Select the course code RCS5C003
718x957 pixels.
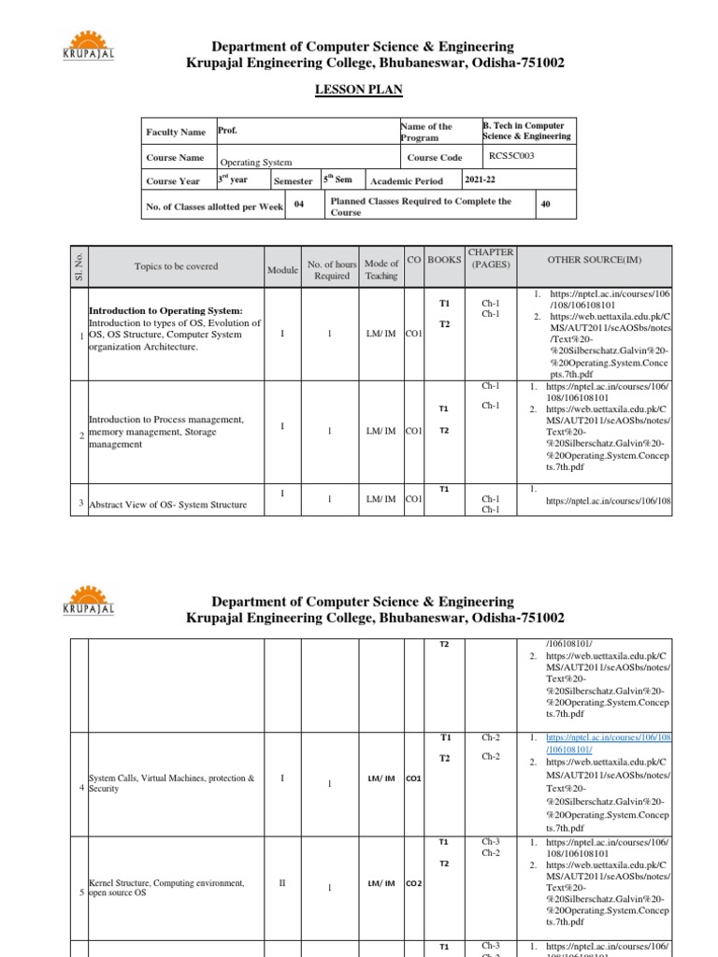511,156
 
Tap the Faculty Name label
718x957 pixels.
175,133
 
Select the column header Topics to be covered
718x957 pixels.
176,266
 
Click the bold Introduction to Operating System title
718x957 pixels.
165,310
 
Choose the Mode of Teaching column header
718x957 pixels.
381,269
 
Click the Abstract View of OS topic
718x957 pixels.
167,505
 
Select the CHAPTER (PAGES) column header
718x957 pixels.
491,259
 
